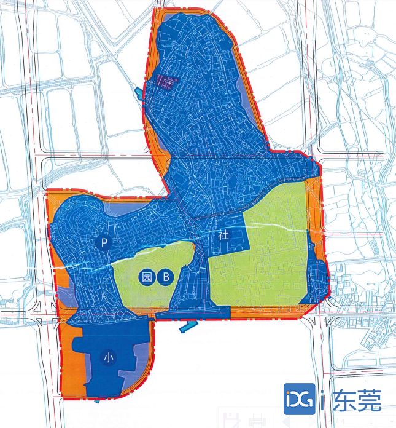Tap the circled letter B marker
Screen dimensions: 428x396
point(165,277)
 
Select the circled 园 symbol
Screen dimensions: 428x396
point(146,277)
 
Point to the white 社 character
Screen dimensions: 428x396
point(223,236)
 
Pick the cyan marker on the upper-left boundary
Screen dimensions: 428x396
point(138,93)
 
